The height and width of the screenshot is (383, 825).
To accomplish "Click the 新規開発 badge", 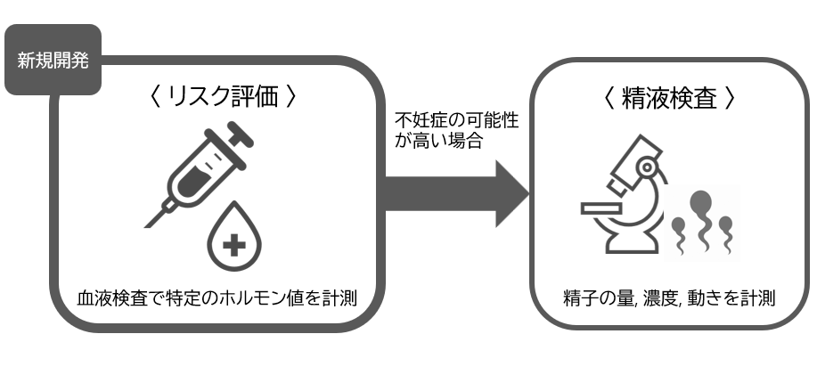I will point(53,61).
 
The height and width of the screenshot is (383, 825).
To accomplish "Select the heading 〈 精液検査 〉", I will point(669,98).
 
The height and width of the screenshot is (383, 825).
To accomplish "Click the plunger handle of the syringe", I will point(240,134).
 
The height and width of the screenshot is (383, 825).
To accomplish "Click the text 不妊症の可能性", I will point(443,119).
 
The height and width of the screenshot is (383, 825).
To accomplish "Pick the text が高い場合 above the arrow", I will point(437,141).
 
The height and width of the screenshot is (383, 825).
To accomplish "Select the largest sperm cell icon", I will point(704,214).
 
